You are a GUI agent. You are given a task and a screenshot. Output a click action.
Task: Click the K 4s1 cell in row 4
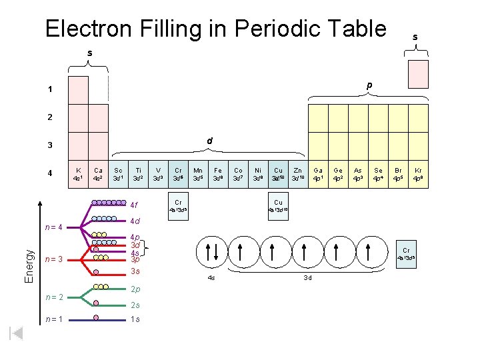coord(79,174)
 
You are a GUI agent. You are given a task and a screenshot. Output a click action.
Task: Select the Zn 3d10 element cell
coord(297,174)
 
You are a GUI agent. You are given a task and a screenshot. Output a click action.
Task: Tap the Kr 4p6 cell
coord(418,174)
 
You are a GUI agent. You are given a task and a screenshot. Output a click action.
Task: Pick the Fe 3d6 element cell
coord(218,174)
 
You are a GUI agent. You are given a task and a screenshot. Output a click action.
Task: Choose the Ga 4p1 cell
coord(318,174)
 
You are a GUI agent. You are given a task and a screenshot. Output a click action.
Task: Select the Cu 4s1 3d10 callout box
coord(278,206)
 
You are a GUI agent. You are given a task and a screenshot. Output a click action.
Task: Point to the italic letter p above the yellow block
coord(369,85)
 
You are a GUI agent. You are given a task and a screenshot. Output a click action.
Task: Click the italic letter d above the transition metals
coord(209,141)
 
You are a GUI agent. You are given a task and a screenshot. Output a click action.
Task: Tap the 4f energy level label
coord(135,205)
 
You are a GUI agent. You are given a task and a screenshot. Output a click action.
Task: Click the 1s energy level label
coord(135,319)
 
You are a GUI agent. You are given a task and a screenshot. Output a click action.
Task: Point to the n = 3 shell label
coord(53,259)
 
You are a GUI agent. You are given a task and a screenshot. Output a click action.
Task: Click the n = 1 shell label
coord(53,319)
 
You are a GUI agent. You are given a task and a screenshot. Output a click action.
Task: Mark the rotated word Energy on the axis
coord(29,265)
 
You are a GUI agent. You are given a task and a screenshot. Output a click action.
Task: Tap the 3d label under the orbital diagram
coord(307,277)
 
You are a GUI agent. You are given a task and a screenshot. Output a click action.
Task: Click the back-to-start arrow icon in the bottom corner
coord(17,333)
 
